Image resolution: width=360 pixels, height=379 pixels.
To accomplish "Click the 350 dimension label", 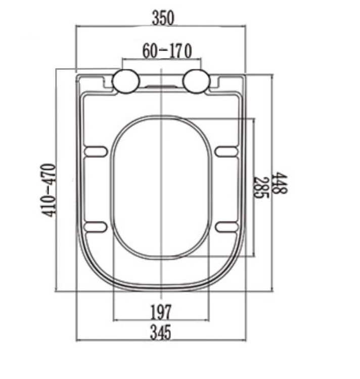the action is (163, 18).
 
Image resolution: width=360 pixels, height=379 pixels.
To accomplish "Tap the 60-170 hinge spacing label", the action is (167, 51).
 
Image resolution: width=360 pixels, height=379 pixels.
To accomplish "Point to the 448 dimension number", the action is (280, 183).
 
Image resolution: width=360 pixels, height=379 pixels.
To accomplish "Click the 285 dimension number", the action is (261, 187).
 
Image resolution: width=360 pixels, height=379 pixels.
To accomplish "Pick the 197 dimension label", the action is (161, 312).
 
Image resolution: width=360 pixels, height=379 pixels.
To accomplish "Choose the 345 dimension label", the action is (161, 332).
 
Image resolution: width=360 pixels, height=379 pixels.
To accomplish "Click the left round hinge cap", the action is (126, 81).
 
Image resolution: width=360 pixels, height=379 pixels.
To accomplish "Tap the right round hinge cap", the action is (196, 81).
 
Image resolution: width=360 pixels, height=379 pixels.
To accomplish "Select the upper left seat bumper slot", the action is (96, 152).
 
